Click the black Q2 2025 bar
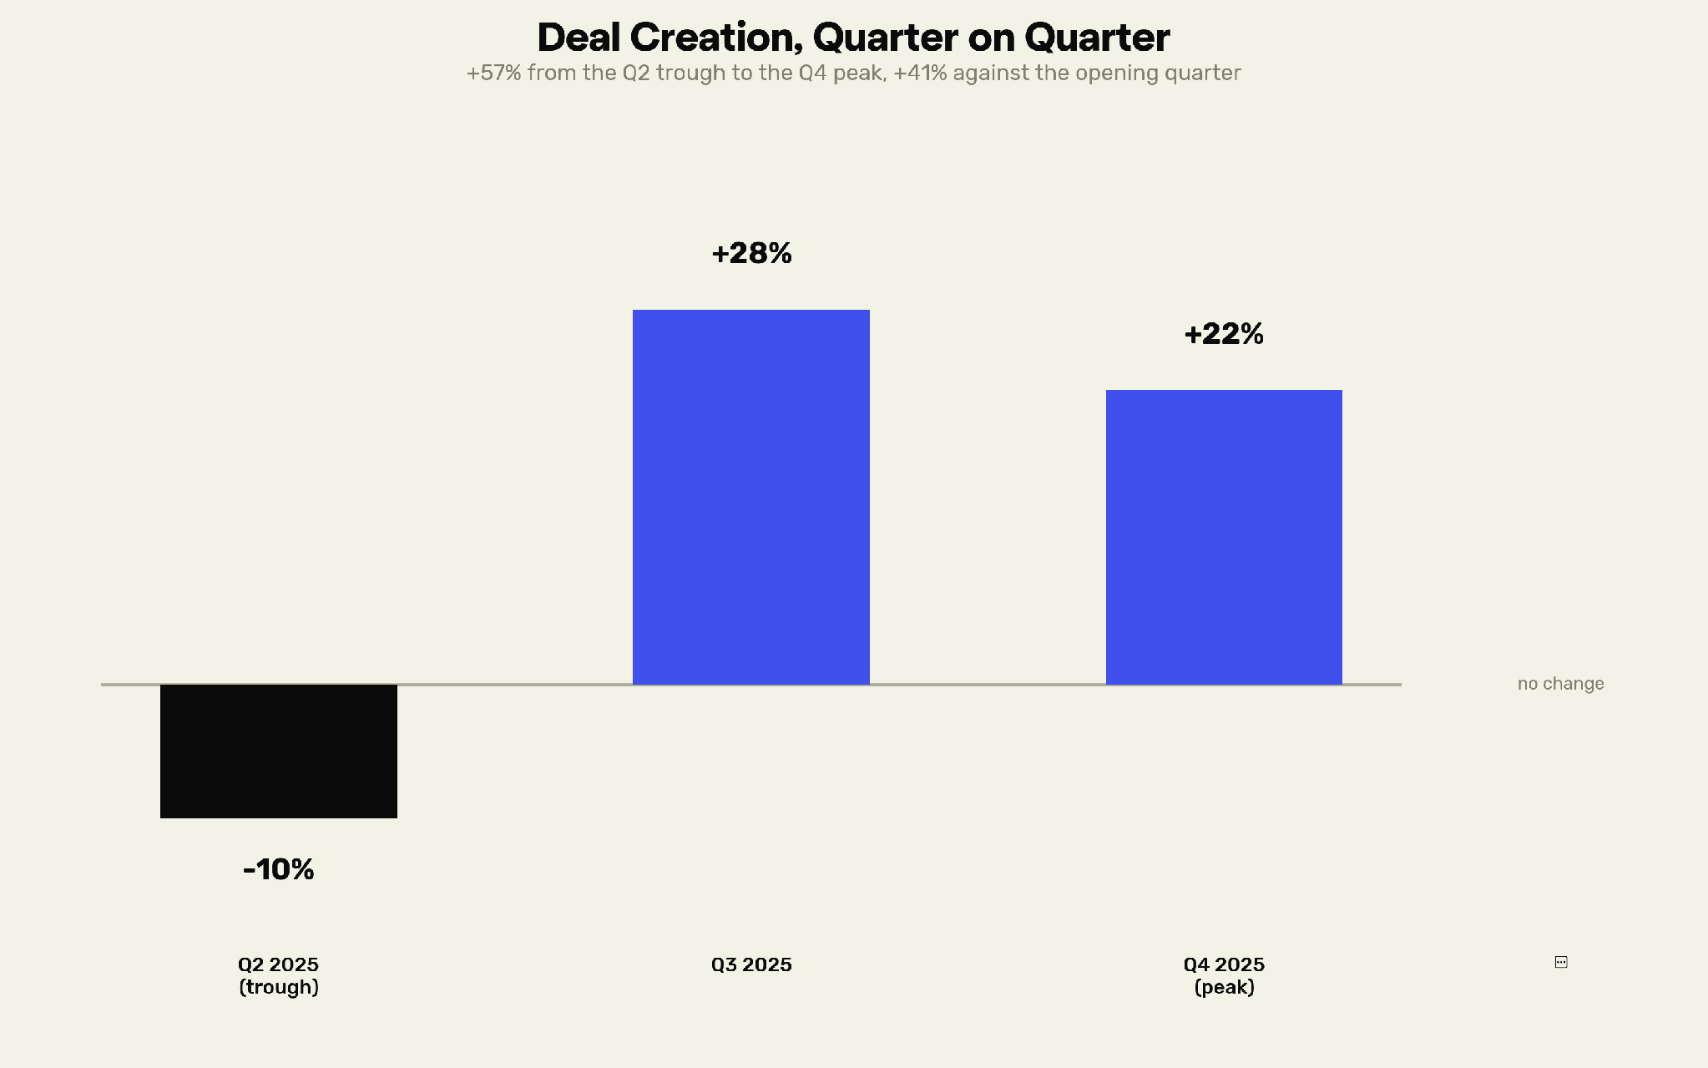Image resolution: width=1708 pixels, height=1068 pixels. (x=279, y=752)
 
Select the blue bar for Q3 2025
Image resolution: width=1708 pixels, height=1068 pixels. (x=751, y=497)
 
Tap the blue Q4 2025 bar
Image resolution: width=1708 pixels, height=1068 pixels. (x=1224, y=537)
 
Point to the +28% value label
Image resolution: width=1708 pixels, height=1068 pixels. (x=751, y=253)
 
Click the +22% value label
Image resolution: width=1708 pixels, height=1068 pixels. (x=1224, y=334)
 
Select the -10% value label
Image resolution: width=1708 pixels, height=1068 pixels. (x=279, y=869)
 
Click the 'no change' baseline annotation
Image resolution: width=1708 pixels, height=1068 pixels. (x=1561, y=684)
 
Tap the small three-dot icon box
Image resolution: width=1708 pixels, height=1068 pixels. (x=1561, y=962)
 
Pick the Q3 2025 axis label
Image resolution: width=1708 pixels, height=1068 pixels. (x=751, y=965)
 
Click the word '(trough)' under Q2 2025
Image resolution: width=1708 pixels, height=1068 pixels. (x=279, y=988)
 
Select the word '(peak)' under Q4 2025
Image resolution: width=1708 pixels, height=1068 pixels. (x=1225, y=988)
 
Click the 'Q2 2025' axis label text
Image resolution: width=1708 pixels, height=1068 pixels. (x=279, y=965)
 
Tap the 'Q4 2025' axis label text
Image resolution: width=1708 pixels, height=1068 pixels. (x=1225, y=965)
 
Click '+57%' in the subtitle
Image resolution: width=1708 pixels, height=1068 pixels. (x=493, y=73)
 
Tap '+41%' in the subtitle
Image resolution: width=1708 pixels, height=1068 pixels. (x=920, y=73)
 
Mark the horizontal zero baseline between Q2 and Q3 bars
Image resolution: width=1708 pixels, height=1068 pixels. (x=515, y=685)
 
